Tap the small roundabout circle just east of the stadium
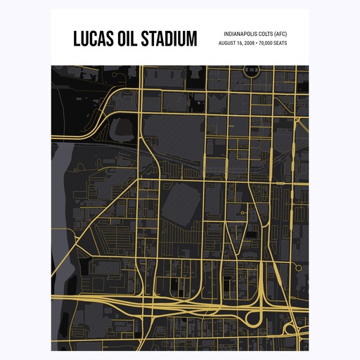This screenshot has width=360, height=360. coord(243,212)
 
